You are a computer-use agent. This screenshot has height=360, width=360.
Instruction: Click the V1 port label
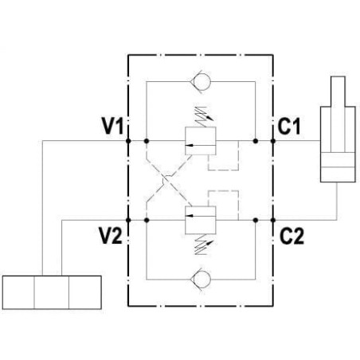tap(113, 126)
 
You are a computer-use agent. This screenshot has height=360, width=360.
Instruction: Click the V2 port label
tap(111, 236)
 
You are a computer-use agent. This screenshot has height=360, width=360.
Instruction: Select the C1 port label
tap(289, 126)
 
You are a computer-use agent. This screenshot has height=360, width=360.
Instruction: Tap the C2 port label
tap(292, 236)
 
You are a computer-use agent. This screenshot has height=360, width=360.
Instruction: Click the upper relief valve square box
tap(201, 141)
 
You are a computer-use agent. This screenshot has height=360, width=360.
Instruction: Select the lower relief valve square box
tap(201, 220)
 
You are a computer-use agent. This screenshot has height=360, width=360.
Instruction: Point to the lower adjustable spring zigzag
tap(202, 245)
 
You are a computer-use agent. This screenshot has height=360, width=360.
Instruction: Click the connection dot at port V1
tap(128, 141)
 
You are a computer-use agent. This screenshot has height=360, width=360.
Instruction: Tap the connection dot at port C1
tap(273, 141)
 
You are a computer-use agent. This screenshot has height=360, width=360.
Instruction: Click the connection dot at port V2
tap(128, 220)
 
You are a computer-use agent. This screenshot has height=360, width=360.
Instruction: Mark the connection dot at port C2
tap(273, 220)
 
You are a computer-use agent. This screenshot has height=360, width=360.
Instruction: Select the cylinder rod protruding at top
tap(338, 92)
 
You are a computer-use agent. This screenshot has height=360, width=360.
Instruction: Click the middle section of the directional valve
tap(52, 292)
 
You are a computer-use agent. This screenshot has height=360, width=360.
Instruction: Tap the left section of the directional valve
tap(18, 292)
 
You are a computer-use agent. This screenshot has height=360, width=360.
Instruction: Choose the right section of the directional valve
tap(85, 292)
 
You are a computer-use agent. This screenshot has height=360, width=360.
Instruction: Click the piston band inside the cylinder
tap(338, 160)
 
